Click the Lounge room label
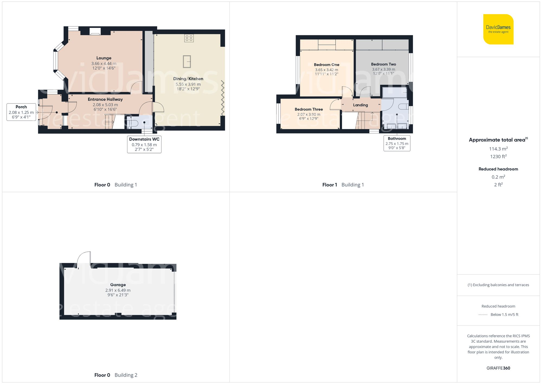[104, 58]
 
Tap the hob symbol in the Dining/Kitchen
[189, 38]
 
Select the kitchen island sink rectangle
[187, 61]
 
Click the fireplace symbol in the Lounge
[95, 31]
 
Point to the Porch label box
[21, 112]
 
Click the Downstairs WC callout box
[144, 144]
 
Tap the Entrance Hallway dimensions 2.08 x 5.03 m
[105, 105]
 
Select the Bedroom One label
[326, 65]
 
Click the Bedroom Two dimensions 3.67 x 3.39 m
[383, 69]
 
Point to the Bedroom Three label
[309, 109]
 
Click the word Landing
[360, 105]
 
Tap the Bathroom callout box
[397, 143]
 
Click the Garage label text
[118, 285]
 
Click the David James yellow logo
[498, 29]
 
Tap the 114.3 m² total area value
[498, 149]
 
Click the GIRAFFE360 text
[498, 368]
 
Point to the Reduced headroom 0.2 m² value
[498, 177]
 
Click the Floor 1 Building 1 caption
[343, 185]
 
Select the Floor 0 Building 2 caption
[116, 375]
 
